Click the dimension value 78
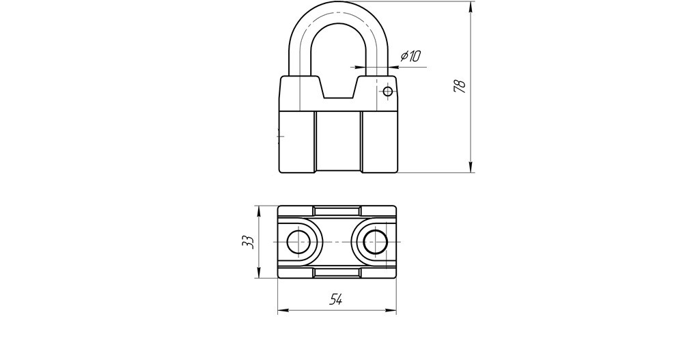point(460,85)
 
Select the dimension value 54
point(336,299)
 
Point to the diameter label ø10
point(410,56)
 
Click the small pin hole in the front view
point(388,92)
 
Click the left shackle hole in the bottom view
point(298,242)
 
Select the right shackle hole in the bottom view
point(374,242)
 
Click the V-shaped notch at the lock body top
point(337,89)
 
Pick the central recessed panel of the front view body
point(337,141)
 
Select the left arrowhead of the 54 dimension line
point(281,311)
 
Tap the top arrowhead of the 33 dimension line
point(258,209)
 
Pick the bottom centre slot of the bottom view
point(337,274)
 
